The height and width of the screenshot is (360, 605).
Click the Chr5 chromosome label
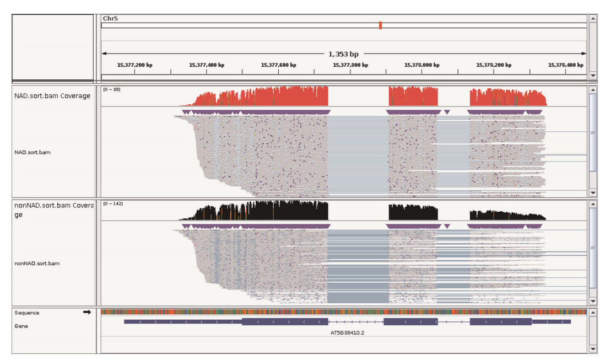(x=110, y=19)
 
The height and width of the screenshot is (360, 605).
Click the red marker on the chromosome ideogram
(x=380, y=25)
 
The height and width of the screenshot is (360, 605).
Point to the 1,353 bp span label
(x=343, y=54)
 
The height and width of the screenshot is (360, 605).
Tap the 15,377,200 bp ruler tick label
(x=135, y=65)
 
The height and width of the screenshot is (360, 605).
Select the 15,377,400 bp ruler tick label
(x=207, y=65)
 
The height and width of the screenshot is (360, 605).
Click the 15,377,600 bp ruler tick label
(x=278, y=65)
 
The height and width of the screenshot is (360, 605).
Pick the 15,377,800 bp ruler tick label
(x=350, y=65)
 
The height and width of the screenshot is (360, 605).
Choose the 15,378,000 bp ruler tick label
(x=422, y=65)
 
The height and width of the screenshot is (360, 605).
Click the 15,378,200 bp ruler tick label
(x=494, y=65)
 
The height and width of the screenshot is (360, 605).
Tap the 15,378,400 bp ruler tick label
(x=565, y=65)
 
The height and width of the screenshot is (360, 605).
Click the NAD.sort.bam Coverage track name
(x=52, y=96)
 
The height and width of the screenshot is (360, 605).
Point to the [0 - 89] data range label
(x=112, y=89)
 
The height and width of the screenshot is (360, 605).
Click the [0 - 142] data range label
(x=113, y=203)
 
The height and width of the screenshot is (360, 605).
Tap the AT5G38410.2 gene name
(x=348, y=332)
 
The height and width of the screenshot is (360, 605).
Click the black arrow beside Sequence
(x=87, y=312)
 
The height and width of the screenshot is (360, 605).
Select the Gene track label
(x=21, y=326)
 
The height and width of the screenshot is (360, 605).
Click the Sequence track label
(x=27, y=313)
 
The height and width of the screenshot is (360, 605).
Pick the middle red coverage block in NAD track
(x=413, y=96)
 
